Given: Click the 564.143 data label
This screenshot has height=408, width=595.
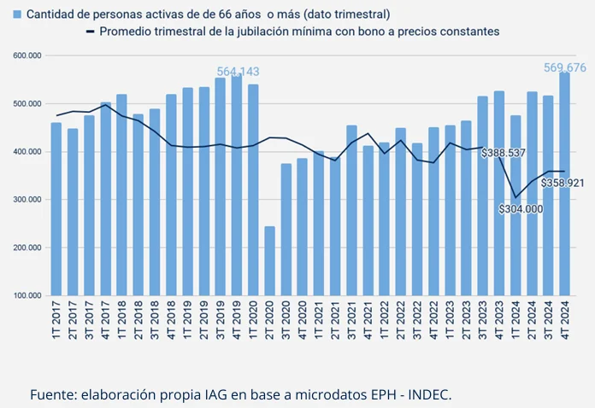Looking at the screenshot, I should coord(238,72).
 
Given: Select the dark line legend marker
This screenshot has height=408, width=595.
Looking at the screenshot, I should coord(91,32).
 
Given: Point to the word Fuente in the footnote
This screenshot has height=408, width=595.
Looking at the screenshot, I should coord(52,394).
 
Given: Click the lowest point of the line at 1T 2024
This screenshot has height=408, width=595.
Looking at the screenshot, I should coord(515,197).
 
